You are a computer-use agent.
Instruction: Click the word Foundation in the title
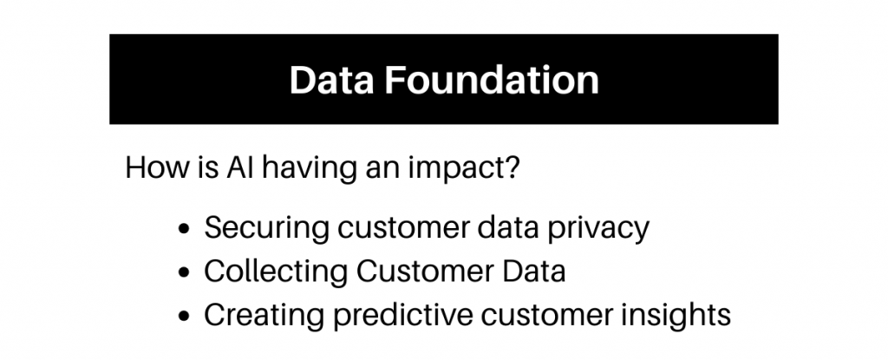[x=492, y=80]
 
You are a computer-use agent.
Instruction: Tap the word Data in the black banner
[x=332, y=80]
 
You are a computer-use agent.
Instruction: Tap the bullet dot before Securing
[x=184, y=229]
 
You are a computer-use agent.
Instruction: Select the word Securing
[x=267, y=229]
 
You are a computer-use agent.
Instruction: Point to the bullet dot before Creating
[x=184, y=316]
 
